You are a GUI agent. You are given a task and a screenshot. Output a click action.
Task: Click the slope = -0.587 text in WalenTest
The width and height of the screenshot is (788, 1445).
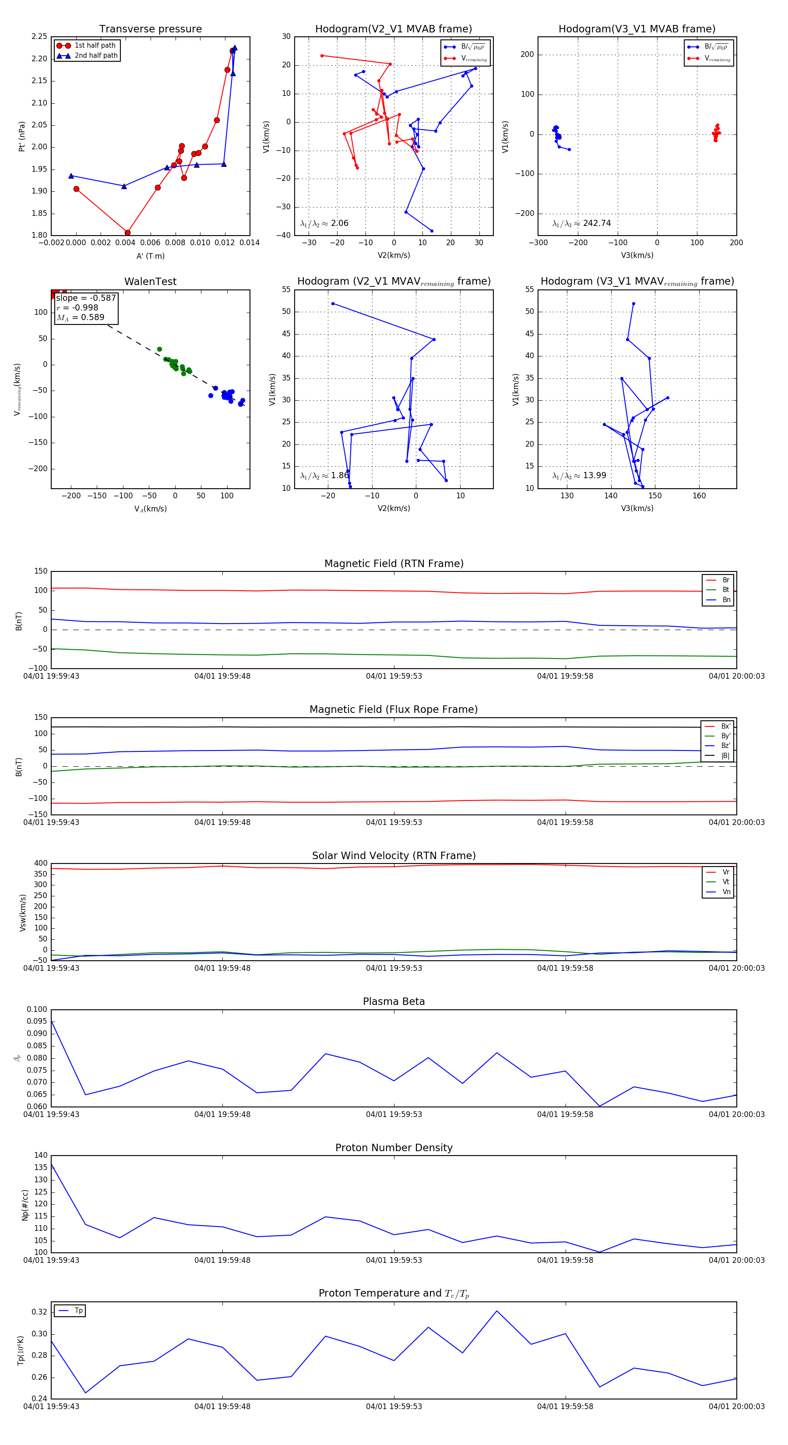86,298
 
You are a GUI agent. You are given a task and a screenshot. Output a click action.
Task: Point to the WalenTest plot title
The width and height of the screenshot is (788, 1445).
150,282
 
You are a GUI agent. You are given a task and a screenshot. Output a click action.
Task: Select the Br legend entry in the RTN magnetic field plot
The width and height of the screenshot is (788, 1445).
725,580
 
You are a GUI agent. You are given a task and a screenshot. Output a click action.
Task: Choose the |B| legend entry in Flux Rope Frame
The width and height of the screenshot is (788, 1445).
725,756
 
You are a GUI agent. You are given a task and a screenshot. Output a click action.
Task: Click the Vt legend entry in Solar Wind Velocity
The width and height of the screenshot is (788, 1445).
725,882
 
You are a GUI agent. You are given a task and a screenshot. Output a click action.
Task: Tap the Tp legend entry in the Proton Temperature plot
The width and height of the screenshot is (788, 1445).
78,1311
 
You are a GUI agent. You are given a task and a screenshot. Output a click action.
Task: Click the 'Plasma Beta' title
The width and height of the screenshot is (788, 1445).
394,1002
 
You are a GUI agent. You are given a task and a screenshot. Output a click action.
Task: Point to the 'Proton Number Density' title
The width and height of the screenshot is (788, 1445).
394,1148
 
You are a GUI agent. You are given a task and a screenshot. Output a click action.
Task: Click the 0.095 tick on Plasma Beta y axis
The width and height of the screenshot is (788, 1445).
37,1022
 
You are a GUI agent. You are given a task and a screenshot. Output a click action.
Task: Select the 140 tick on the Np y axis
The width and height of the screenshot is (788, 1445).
41,1155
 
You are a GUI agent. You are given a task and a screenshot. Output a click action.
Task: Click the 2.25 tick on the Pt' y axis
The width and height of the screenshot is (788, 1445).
39,36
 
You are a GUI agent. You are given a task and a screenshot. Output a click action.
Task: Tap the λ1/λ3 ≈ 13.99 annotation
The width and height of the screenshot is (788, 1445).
579,476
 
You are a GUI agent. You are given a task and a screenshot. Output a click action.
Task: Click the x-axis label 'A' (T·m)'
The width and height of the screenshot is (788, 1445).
150,256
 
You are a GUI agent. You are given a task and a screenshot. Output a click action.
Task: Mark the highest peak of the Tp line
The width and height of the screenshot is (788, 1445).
496,1311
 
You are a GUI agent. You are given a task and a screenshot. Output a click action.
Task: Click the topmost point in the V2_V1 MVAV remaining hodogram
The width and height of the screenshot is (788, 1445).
333,304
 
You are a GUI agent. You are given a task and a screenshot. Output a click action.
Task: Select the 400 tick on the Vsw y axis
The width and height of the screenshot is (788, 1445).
41,863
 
